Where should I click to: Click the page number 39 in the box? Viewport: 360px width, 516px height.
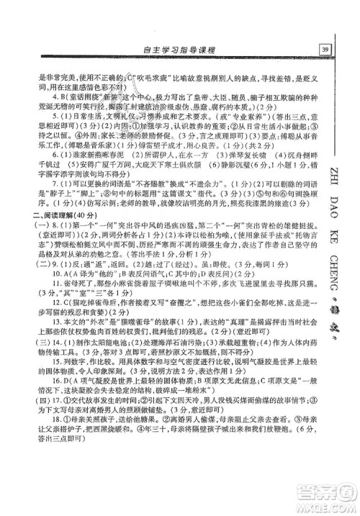point(325,49)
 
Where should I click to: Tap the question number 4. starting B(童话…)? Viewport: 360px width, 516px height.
point(37,95)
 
